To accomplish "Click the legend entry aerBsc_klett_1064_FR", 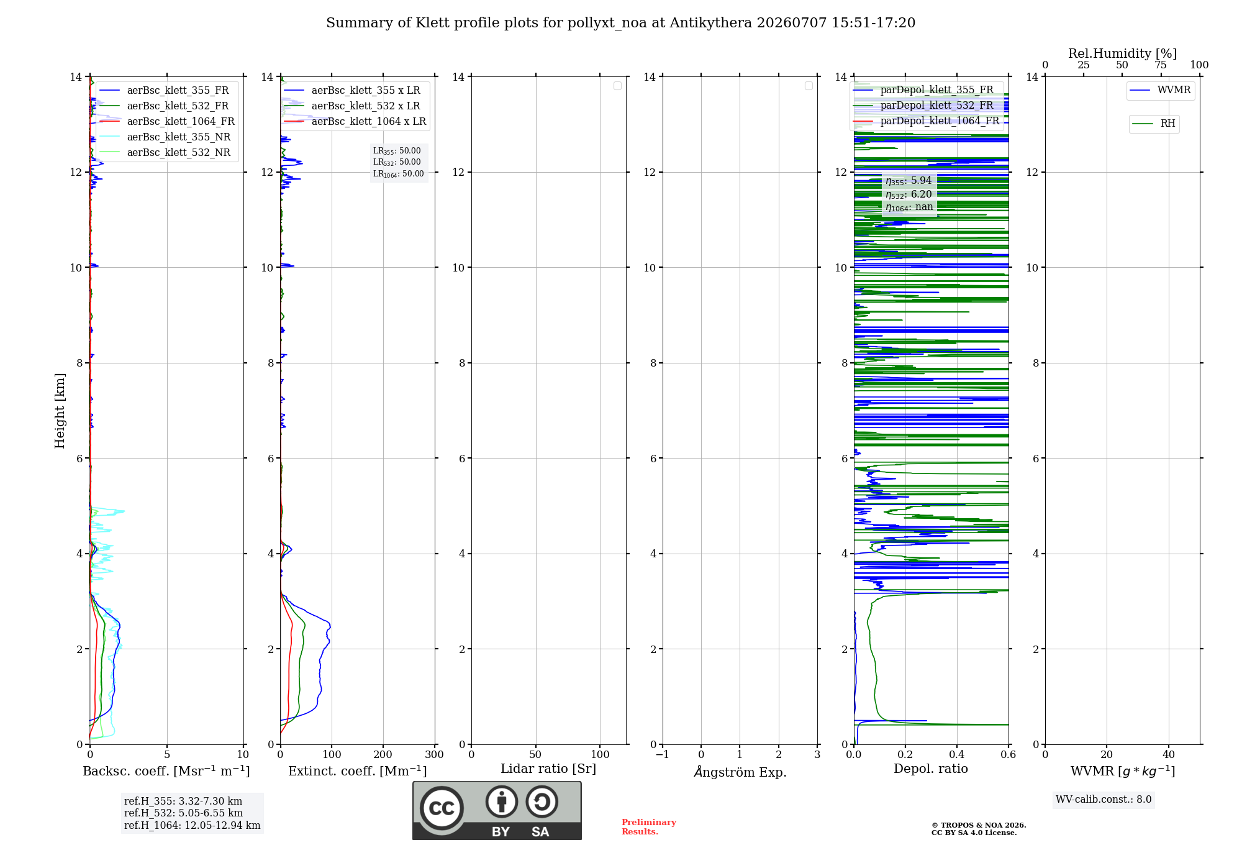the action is [x=167, y=121].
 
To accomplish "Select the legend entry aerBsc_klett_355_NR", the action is [x=165, y=137].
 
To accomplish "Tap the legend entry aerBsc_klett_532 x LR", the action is [x=352, y=106].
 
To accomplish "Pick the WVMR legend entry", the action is [x=1160, y=90].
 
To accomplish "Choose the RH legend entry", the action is [x=1154, y=123].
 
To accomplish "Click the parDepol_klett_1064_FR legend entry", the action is [x=927, y=121].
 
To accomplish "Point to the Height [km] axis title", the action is [x=60, y=411].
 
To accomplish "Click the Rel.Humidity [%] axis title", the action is [x=1122, y=53].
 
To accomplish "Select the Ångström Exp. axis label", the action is [x=740, y=772].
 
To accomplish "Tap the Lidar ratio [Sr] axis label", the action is [x=548, y=769].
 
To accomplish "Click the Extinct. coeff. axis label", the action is [x=358, y=771].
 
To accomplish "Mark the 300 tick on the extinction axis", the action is [x=435, y=754].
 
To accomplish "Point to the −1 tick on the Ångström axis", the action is [x=663, y=754].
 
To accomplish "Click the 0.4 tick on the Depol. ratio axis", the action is [x=957, y=754].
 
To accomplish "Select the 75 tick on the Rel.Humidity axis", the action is [x=1161, y=65].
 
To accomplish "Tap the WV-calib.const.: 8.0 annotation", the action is [x=1104, y=800].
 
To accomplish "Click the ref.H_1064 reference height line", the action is [x=192, y=825].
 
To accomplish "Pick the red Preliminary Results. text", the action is [x=648, y=827].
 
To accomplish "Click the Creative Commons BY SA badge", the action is [x=497, y=811].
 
